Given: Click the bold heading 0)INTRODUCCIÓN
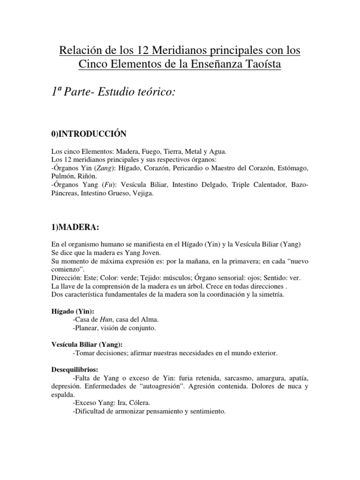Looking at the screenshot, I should (89, 134).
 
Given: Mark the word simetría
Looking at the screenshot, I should (269, 294).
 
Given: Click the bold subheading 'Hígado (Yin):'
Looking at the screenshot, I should (72, 311).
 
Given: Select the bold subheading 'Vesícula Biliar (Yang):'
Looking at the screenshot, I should (87, 345).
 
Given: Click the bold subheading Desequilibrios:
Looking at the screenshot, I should (74, 370).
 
